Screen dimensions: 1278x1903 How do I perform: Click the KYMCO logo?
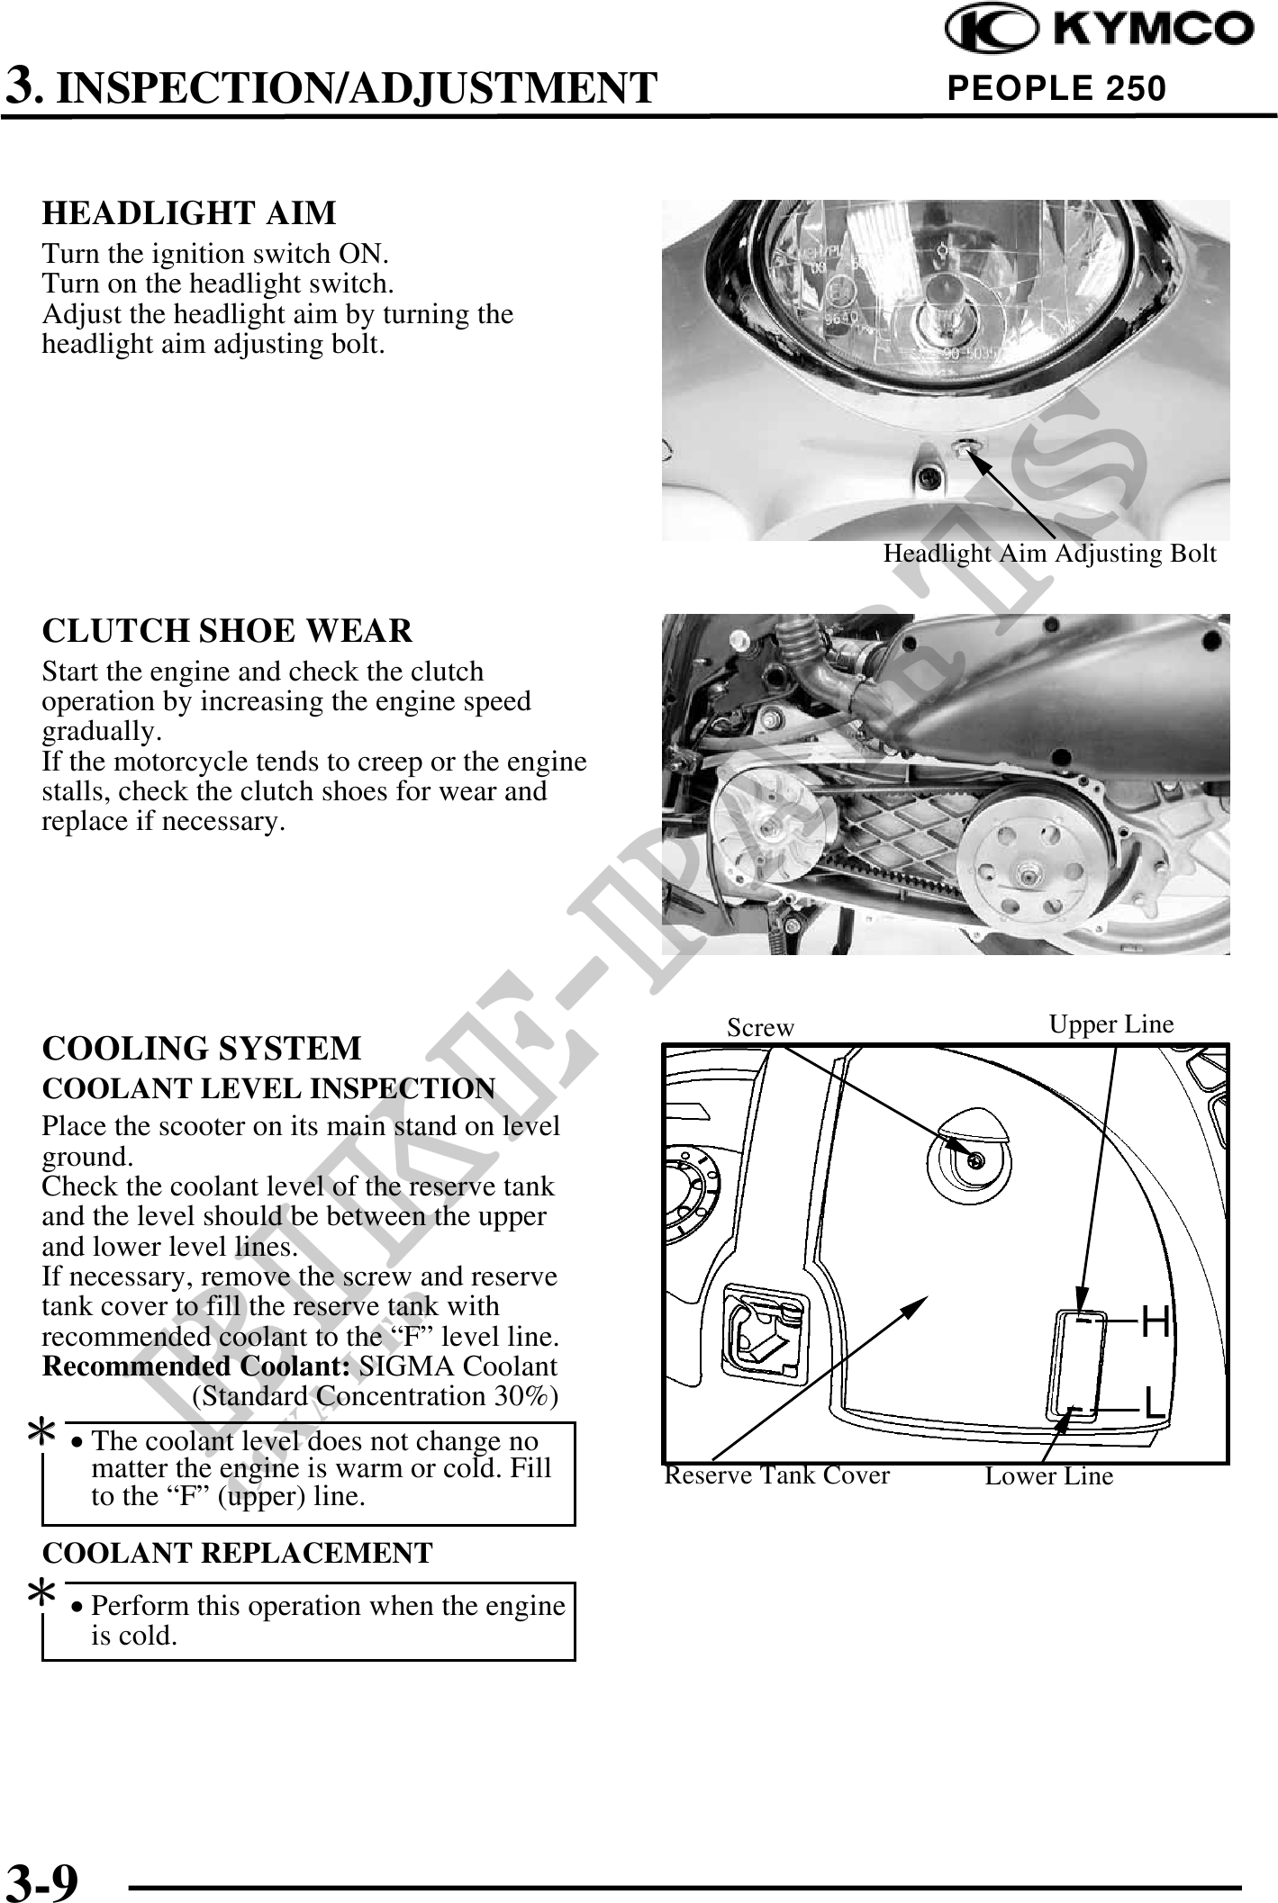[x=1098, y=30]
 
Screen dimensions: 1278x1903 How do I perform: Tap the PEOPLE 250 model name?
[x=1056, y=88]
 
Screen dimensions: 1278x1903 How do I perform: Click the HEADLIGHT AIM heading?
[x=189, y=213]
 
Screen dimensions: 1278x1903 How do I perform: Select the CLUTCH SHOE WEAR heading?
[x=227, y=630]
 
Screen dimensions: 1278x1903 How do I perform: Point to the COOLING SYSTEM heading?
[x=202, y=1049]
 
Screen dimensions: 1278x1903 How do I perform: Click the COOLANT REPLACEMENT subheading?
[x=238, y=1553]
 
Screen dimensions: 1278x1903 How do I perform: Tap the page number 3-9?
[x=42, y=1880]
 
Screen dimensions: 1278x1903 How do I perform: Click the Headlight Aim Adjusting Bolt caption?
[x=1049, y=554]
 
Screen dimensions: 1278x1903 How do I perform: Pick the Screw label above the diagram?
[x=761, y=1028]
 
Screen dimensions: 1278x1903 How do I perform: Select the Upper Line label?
[x=1111, y=1024]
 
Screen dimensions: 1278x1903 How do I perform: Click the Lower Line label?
[x=1049, y=1476]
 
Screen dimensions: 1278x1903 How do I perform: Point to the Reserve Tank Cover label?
[x=776, y=1475]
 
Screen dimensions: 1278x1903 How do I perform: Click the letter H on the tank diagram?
[x=1156, y=1322]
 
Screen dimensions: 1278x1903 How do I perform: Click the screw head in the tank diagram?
[x=974, y=1160]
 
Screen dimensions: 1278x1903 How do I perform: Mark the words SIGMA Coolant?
[x=458, y=1366]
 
